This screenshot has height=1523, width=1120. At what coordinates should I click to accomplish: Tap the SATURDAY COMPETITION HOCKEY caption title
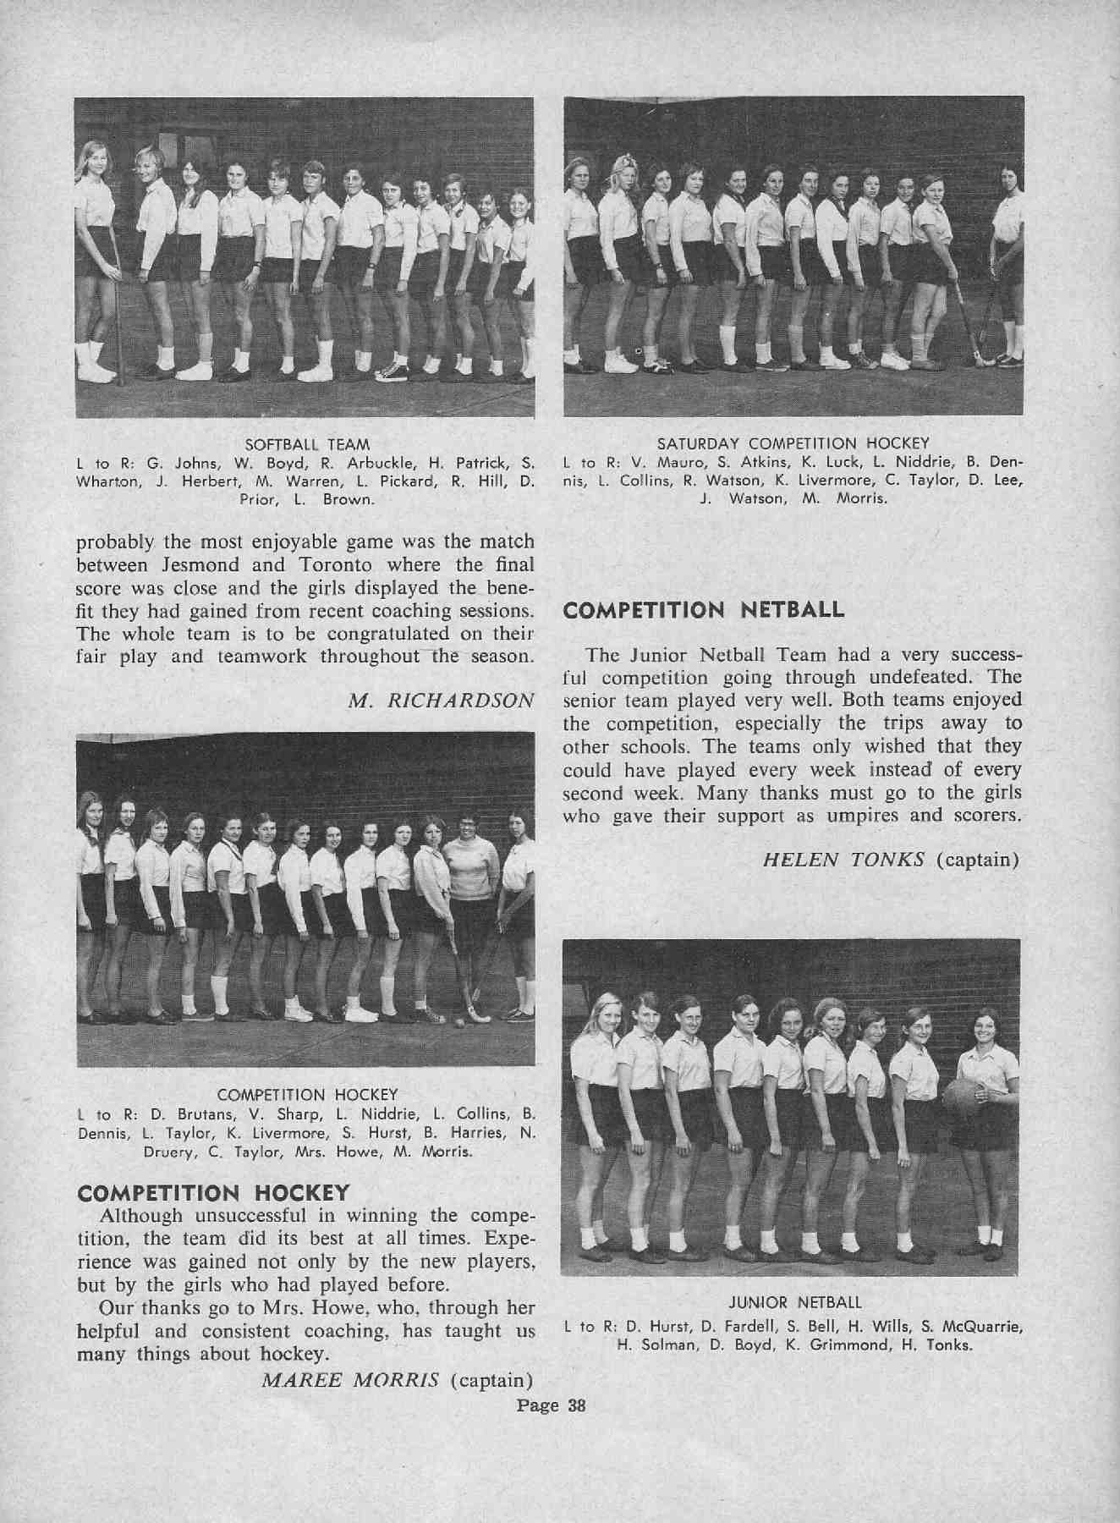[x=793, y=443]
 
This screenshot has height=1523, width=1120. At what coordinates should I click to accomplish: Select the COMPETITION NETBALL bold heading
[x=704, y=610]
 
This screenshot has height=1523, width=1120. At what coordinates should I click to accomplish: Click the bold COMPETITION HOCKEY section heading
[x=213, y=1193]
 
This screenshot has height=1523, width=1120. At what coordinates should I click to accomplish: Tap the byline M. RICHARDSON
[x=442, y=701]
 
